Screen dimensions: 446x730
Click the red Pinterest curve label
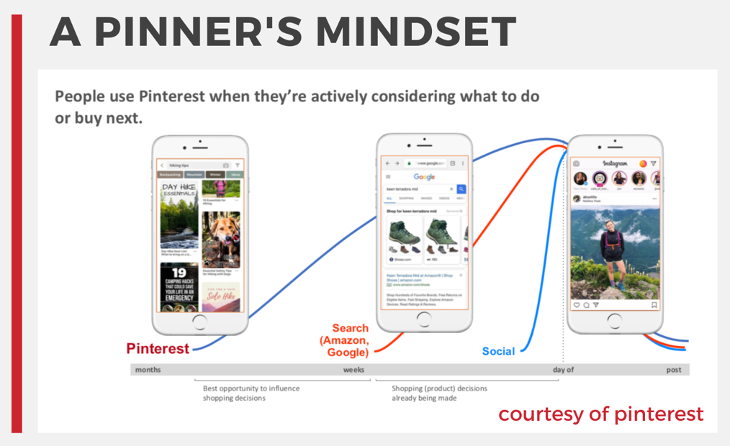(x=158, y=349)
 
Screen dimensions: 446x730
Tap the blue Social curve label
(x=498, y=352)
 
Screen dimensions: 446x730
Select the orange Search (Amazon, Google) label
(x=344, y=340)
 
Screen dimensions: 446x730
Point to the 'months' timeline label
(x=148, y=370)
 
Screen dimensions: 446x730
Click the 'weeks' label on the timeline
(x=353, y=370)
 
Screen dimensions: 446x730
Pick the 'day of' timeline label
(x=563, y=370)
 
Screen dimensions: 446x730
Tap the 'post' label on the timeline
(x=674, y=370)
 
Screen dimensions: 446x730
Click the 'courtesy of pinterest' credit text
(x=601, y=414)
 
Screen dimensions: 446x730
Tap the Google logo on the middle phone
(x=424, y=177)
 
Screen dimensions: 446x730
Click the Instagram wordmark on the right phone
(x=615, y=164)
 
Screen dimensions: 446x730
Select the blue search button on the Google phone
(x=461, y=189)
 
